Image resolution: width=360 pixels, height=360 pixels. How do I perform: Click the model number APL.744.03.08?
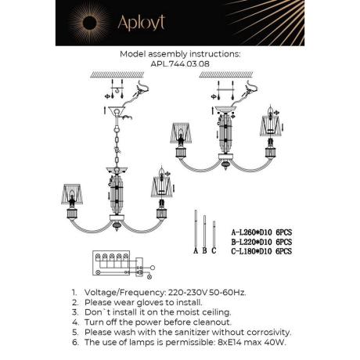tap(180, 65)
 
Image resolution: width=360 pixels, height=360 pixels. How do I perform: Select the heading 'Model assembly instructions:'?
tap(180, 55)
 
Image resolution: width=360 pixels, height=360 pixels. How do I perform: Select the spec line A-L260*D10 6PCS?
tap(261, 232)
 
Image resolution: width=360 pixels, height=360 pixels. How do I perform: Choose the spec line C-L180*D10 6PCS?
tap(261, 251)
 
